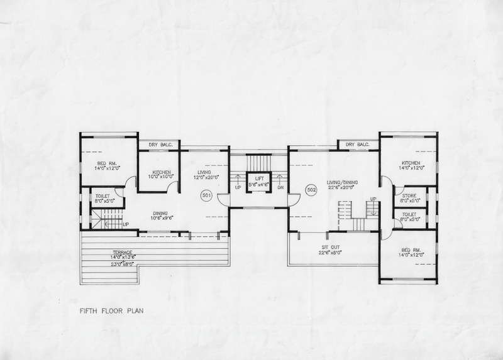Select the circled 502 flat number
tap(311, 190)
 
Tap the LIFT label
tap(259, 178)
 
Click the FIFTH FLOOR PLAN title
tap(111, 310)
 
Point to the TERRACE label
tap(122, 253)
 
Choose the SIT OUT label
tap(331, 248)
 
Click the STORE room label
tap(409, 195)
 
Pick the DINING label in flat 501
tap(160, 214)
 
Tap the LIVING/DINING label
tap(342, 182)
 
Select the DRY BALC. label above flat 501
tap(161, 145)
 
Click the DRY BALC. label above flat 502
tap(358, 145)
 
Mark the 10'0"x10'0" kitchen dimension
tap(161, 177)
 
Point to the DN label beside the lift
tap(280, 187)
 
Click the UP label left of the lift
tap(238, 187)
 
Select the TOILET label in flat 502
tap(409, 214)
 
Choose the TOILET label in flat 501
tap(102, 196)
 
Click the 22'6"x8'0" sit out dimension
tap(331, 253)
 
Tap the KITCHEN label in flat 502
tap(411, 163)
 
